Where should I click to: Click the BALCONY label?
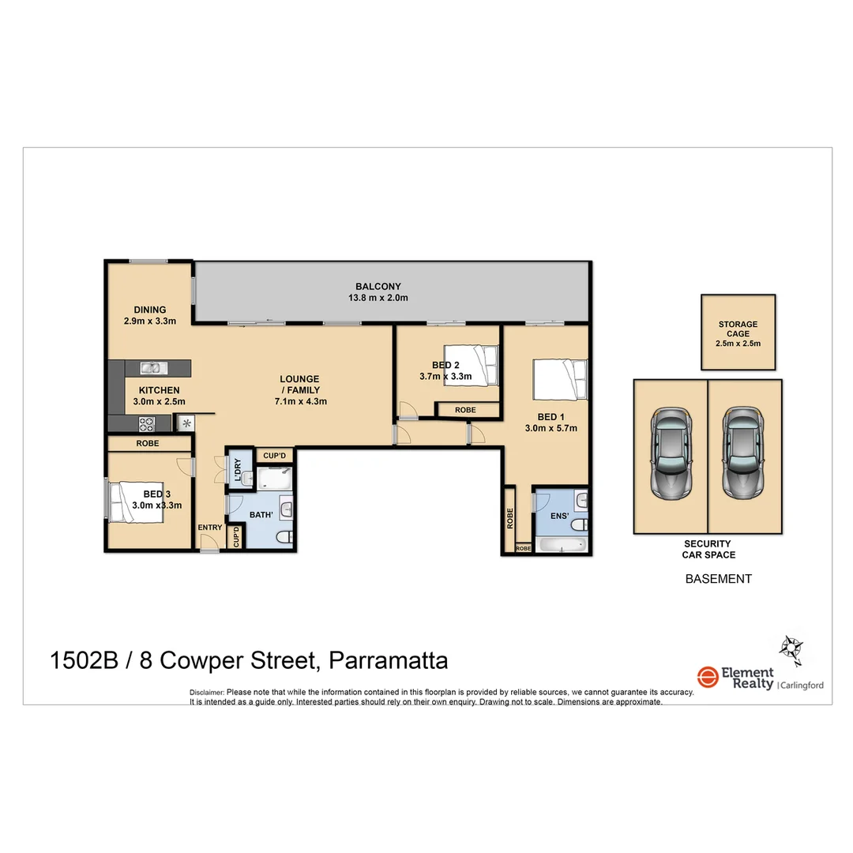pyautogui.click(x=378, y=287)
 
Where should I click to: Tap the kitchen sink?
pyautogui.click(x=151, y=367)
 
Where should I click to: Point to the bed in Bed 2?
pyautogui.click(x=472, y=365)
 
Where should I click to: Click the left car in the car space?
pyautogui.click(x=670, y=453)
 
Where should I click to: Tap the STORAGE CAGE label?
pyautogui.click(x=738, y=329)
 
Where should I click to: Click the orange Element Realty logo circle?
pyautogui.click(x=707, y=677)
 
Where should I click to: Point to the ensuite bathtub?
pyautogui.click(x=561, y=544)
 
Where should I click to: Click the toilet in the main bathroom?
pyautogui.click(x=284, y=537)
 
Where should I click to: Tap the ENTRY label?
pyautogui.click(x=210, y=528)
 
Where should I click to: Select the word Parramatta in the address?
pyautogui.click(x=388, y=660)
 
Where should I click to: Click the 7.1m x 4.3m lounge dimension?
pyautogui.click(x=299, y=401)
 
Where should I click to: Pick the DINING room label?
pyautogui.click(x=149, y=310)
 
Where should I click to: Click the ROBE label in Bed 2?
pyautogui.click(x=466, y=410)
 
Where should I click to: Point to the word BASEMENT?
pyautogui.click(x=718, y=579)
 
